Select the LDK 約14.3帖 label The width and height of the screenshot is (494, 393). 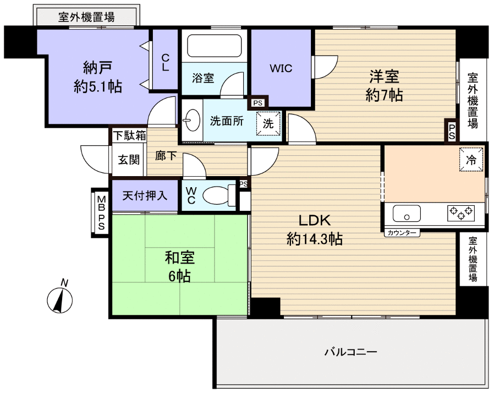pos(314,230)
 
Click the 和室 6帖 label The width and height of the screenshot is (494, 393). pos(179,266)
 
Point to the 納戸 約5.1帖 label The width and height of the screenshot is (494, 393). pos(98,77)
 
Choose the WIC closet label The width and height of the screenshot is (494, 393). pos(281,68)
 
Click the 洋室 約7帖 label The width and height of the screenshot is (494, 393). pos(384,85)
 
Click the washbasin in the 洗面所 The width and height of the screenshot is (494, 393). pos(192,121)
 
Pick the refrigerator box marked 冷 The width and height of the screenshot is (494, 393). pos(471,160)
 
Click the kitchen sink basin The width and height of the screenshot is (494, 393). pos(407,213)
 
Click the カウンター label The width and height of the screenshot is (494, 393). pos(402,233)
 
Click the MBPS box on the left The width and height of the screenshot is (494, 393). pos(101,212)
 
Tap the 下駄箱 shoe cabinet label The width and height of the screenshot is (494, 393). pos(129,135)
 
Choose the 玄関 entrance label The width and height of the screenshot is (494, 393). pos(129,160)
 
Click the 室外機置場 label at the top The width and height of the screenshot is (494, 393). pos(86,17)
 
